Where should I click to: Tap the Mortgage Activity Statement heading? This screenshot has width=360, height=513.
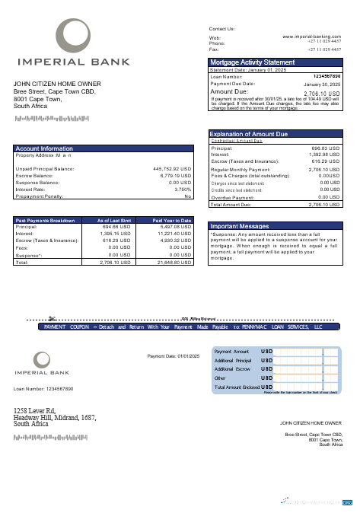252,62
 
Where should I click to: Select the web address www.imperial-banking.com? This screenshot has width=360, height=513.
311,36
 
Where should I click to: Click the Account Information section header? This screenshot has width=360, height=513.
44,148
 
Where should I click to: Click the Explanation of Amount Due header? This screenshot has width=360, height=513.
249,135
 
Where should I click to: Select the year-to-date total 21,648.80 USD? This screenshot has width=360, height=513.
174,262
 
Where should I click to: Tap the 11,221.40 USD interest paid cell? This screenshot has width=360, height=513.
174,234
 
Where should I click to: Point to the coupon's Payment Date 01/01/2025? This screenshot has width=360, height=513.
173,356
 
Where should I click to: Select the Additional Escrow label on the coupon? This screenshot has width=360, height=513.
233,368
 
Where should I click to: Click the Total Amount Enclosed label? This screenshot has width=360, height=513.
237,387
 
